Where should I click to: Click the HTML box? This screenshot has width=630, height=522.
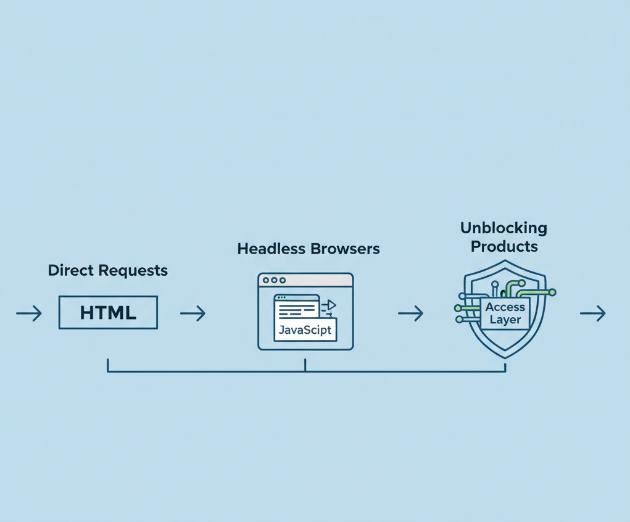pos(108,312)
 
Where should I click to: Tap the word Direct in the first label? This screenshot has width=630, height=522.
pos(69,270)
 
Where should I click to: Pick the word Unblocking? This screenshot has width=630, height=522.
pos(504,228)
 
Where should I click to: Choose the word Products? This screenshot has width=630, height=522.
pos(504,246)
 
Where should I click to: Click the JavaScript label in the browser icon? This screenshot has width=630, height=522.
pos(305,329)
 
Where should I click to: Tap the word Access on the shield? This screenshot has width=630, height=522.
pos(505,307)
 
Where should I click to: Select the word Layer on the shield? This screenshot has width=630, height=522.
pos(505,320)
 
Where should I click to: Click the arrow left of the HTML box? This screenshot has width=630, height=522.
pos(29,313)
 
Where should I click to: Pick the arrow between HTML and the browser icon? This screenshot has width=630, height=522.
pos(193,313)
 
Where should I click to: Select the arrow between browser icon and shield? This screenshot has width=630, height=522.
pos(410,313)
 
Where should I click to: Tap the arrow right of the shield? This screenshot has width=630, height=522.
pos(592,313)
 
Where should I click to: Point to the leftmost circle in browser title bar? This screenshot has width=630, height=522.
pos(266,280)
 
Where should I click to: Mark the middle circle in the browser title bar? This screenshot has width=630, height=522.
pos(275,280)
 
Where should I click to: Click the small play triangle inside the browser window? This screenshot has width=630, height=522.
pos(331,304)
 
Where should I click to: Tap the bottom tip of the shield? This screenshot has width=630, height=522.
pos(505,357)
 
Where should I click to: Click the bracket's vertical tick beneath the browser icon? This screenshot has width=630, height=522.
pos(305,365)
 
